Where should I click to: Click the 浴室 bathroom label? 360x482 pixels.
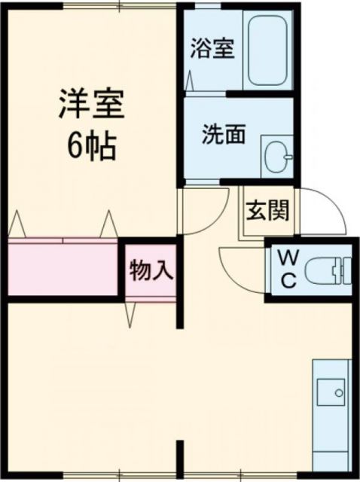(x=212, y=50)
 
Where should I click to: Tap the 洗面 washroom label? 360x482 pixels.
(x=224, y=135)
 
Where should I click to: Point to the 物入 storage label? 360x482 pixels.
(x=151, y=270)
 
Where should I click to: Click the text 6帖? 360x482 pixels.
(x=90, y=146)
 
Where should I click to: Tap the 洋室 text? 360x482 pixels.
(x=90, y=105)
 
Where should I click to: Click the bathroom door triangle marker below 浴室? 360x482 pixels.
(x=189, y=79)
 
